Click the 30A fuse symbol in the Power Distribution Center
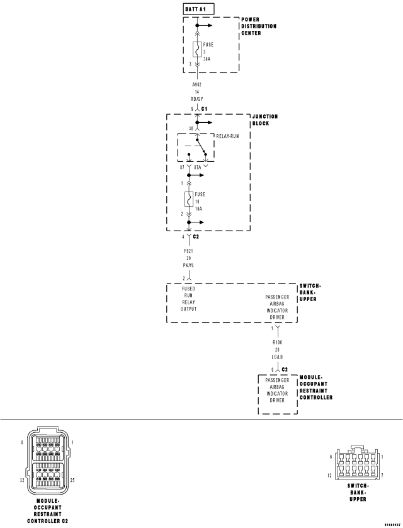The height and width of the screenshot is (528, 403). (196, 50)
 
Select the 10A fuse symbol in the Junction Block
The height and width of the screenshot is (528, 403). (188, 200)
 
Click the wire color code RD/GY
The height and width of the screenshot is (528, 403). (197, 99)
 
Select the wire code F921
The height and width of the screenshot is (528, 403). (188, 250)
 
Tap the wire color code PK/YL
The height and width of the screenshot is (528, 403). (188, 265)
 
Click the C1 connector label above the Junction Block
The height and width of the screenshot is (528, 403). (205, 108)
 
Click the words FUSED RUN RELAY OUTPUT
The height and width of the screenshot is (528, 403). (189, 299)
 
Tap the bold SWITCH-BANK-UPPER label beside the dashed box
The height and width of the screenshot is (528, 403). (312, 292)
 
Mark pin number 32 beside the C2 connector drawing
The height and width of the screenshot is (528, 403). (22, 480)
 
